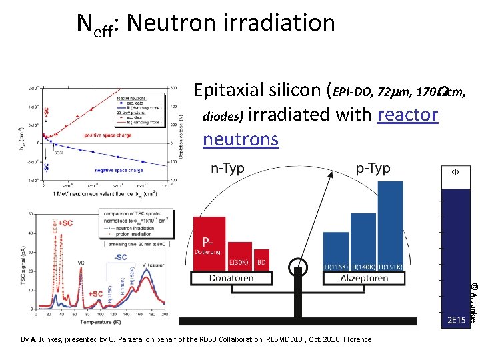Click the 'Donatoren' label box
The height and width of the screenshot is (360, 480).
(x=231, y=278)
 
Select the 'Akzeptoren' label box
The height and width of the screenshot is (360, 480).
(x=365, y=278)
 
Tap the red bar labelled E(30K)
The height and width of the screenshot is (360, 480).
(x=239, y=255)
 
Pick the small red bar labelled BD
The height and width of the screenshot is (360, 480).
(x=261, y=260)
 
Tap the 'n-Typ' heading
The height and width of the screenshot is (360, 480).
(x=227, y=169)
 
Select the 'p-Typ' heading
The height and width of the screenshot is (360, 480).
(x=373, y=169)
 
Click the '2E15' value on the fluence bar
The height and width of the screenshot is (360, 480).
(x=457, y=320)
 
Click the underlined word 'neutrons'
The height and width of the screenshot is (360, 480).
(x=240, y=139)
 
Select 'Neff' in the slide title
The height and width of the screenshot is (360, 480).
(x=96, y=23)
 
